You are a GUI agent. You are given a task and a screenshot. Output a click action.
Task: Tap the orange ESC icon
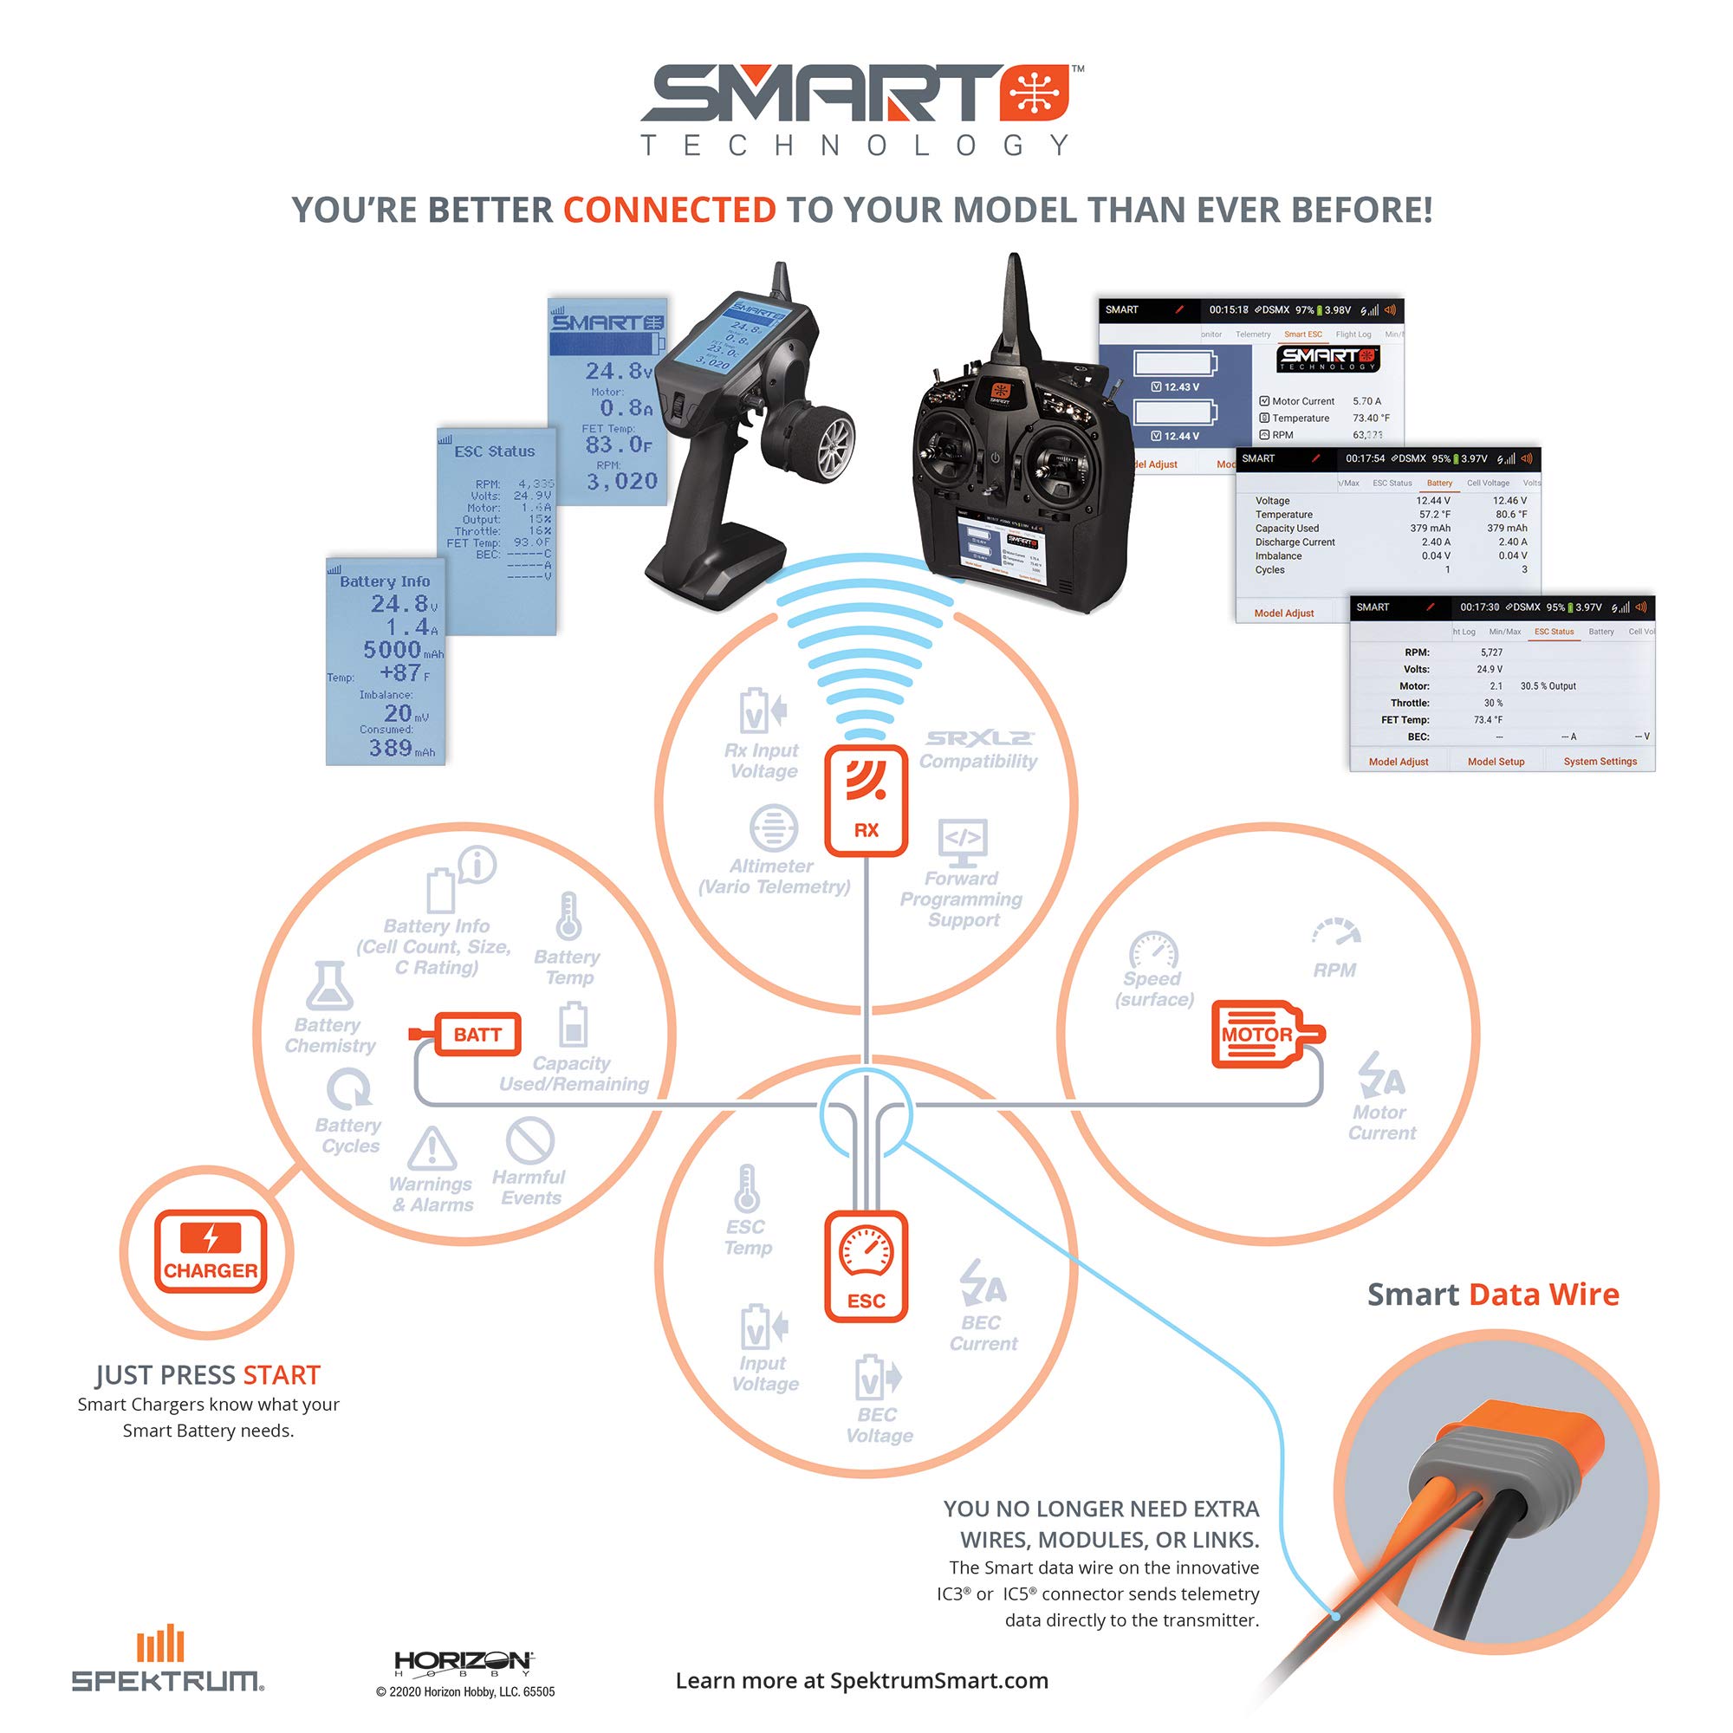tap(866, 1266)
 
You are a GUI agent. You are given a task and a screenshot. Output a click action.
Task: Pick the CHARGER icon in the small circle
tap(210, 1251)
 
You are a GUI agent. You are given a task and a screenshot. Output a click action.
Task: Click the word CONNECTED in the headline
tap(669, 210)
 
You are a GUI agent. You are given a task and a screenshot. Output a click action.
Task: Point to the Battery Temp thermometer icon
tap(568, 916)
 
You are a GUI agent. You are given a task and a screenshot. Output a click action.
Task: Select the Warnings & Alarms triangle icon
tap(432, 1149)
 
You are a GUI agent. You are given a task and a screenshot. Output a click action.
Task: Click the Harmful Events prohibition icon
tap(530, 1141)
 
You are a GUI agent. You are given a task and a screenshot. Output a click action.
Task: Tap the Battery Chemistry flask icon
tap(329, 986)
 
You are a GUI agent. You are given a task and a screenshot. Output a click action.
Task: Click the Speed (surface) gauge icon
tap(1153, 951)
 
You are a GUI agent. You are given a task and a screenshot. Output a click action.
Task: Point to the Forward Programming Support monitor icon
tap(963, 841)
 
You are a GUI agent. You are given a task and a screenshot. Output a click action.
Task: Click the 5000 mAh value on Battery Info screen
tap(393, 649)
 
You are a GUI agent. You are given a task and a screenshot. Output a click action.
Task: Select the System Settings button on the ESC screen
tap(1600, 762)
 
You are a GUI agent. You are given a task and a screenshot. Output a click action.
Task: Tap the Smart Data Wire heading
tap(1493, 1295)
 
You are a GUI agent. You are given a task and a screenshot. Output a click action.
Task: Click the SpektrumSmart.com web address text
tap(938, 1680)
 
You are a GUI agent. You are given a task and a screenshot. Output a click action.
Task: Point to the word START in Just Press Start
tap(281, 1375)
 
